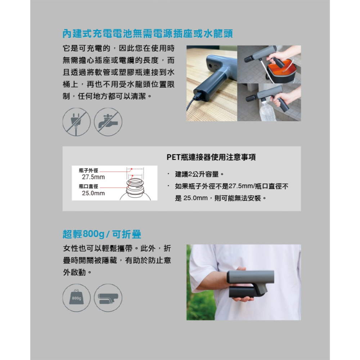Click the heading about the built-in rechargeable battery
pyautogui.click(x=148, y=34)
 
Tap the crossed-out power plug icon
pyautogui.click(x=76, y=122)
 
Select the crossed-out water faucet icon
pyautogui.click(x=108, y=122)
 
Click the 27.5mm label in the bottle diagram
pyautogui.click(x=93, y=177)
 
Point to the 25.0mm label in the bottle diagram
pyautogui.click(x=93, y=193)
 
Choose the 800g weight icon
pyautogui.click(x=76, y=298)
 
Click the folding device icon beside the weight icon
pyautogui.click(x=108, y=298)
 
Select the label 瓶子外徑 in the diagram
pyautogui.click(x=88, y=170)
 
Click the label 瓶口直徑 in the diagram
pyautogui.click(x=88, y=186)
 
